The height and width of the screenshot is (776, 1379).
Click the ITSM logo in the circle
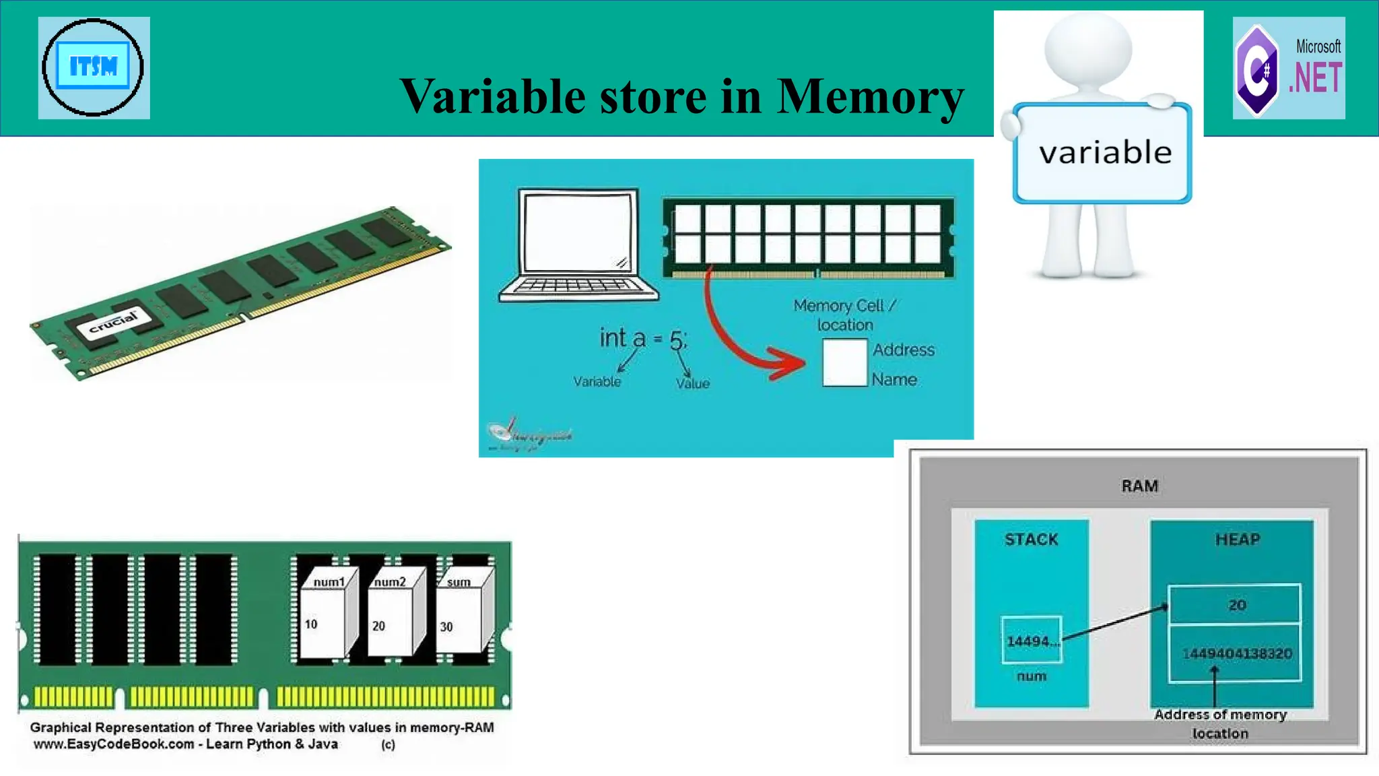(93, 67)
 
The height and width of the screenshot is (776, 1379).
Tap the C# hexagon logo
(1256, 70)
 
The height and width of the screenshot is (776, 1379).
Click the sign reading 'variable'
(1104, 153)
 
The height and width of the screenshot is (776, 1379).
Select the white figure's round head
(1088, 48)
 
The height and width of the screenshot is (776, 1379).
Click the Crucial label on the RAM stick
(114, 321)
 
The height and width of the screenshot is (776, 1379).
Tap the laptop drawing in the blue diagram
(578, 245)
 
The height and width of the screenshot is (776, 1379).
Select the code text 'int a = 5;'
(643, 338)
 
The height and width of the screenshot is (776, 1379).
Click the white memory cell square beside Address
(844, 362)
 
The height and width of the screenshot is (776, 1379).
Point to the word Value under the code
(693, 383)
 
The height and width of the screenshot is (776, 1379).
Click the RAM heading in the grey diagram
(1139, 486)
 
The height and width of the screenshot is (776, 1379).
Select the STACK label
(1031, 540)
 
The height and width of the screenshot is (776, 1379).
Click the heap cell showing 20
(1236, 605)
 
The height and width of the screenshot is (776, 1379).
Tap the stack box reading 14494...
(1031, 641)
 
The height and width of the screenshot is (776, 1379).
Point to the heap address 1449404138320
(1237, 653)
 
